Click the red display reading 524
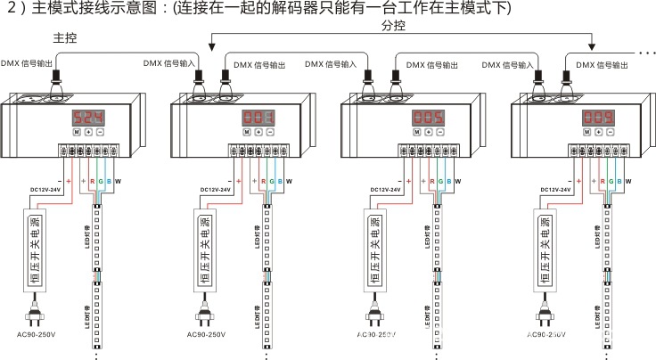pos(86,118)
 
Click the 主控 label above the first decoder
pos(65,38)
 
